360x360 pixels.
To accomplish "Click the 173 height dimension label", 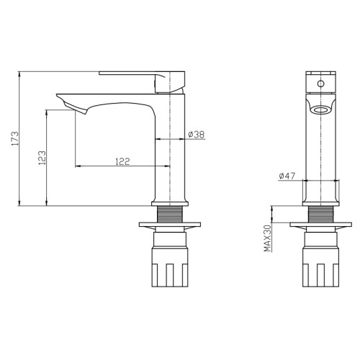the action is (15, 138).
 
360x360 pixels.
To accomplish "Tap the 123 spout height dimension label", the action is (42, 158).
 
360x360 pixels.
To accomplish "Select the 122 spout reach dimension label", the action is (122, 161).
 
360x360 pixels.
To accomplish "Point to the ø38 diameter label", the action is (197, 135).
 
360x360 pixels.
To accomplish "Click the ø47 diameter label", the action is (287, 176).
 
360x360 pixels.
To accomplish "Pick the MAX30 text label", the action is (267, 238).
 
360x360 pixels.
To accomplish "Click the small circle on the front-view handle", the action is (320, 84).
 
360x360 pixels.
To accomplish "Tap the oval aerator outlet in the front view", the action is (320, 110).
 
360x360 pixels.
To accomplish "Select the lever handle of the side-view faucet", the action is (142, 81).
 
